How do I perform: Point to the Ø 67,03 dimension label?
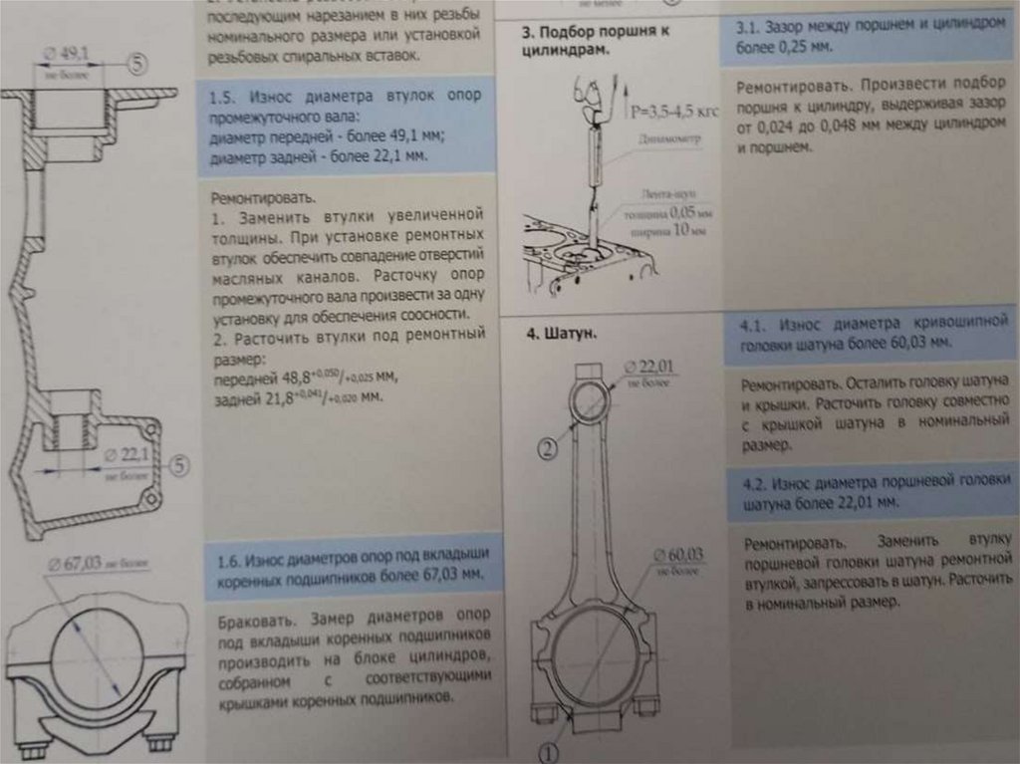coord(80,565)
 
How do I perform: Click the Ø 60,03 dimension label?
coord(679,554)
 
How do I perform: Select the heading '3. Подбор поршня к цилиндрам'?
coord(596,40)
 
